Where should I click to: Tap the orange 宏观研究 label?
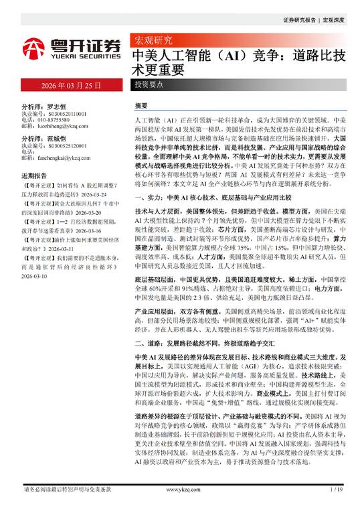click(153, 40)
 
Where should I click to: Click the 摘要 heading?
click(141, 106)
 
